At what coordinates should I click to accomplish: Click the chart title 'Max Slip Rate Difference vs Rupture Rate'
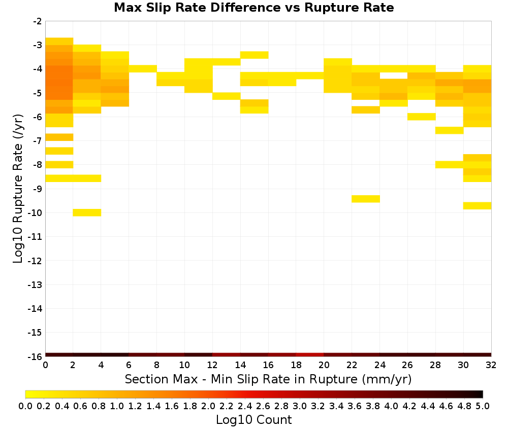click(x=253, y=8)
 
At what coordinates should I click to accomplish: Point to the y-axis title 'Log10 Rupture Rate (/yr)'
click(x=18, y=189)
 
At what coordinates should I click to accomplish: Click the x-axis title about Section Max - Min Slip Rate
click(x=268, y=379)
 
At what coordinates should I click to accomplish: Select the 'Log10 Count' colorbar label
click(x=253, y=420)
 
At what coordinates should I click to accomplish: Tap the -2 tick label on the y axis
click(x=38, y=21)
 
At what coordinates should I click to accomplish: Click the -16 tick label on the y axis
click(x=35, y=356)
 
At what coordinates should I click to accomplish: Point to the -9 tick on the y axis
click(x=38, y=189)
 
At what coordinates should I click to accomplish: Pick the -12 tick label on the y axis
click(x=35, y=261)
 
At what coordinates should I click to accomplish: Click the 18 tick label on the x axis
click(x=296, y=365)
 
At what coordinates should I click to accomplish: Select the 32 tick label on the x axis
click(x=491, y=365)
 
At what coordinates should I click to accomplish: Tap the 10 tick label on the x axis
click(x=184, y=365)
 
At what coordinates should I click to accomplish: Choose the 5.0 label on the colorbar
click(x=483, y=406)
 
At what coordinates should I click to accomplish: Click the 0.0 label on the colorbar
click(x=25, y=406)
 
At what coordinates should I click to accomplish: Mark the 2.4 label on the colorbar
click(x=245, y=406)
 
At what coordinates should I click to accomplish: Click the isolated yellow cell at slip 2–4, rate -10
click(x=87, y=212)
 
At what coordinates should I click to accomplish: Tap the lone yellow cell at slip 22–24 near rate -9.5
click(x=366, y=199)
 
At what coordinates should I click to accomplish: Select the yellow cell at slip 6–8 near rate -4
click(x=143, y=68)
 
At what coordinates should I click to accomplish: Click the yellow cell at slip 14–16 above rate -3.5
click(x=255, y=55)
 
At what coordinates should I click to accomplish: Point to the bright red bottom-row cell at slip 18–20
click(x=310, y=355)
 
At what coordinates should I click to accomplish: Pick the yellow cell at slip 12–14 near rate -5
click(x=227, y=96)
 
